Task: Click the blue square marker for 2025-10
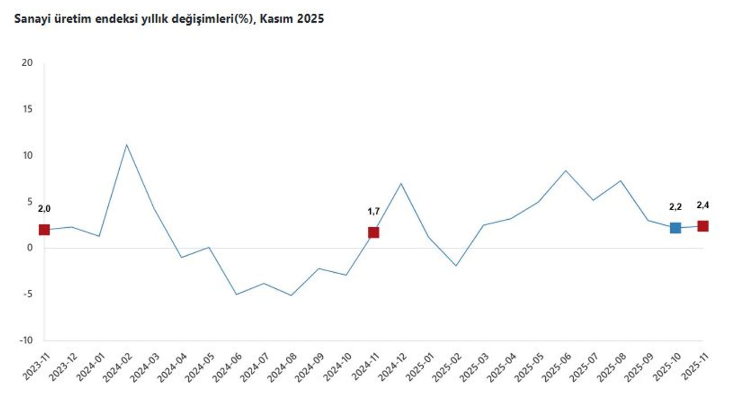(x=675, y=228)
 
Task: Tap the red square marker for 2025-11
(x=703, y=226)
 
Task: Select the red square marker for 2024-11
(x=374, y=232)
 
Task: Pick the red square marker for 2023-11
(x=44, y=229)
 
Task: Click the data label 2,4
(x=703, y=205)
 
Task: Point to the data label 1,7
(x=374, y=211)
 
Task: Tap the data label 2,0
(x=44, y=209)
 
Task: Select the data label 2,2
(x=675, y=207)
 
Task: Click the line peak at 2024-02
(x=127, y=144)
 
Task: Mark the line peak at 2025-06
(x=565, y=171)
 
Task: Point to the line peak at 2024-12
(x=401, y=183)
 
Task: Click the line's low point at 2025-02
(x=456, y=265)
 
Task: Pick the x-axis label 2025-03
(x=473, y=366)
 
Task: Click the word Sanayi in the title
(x=30, y=19)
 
